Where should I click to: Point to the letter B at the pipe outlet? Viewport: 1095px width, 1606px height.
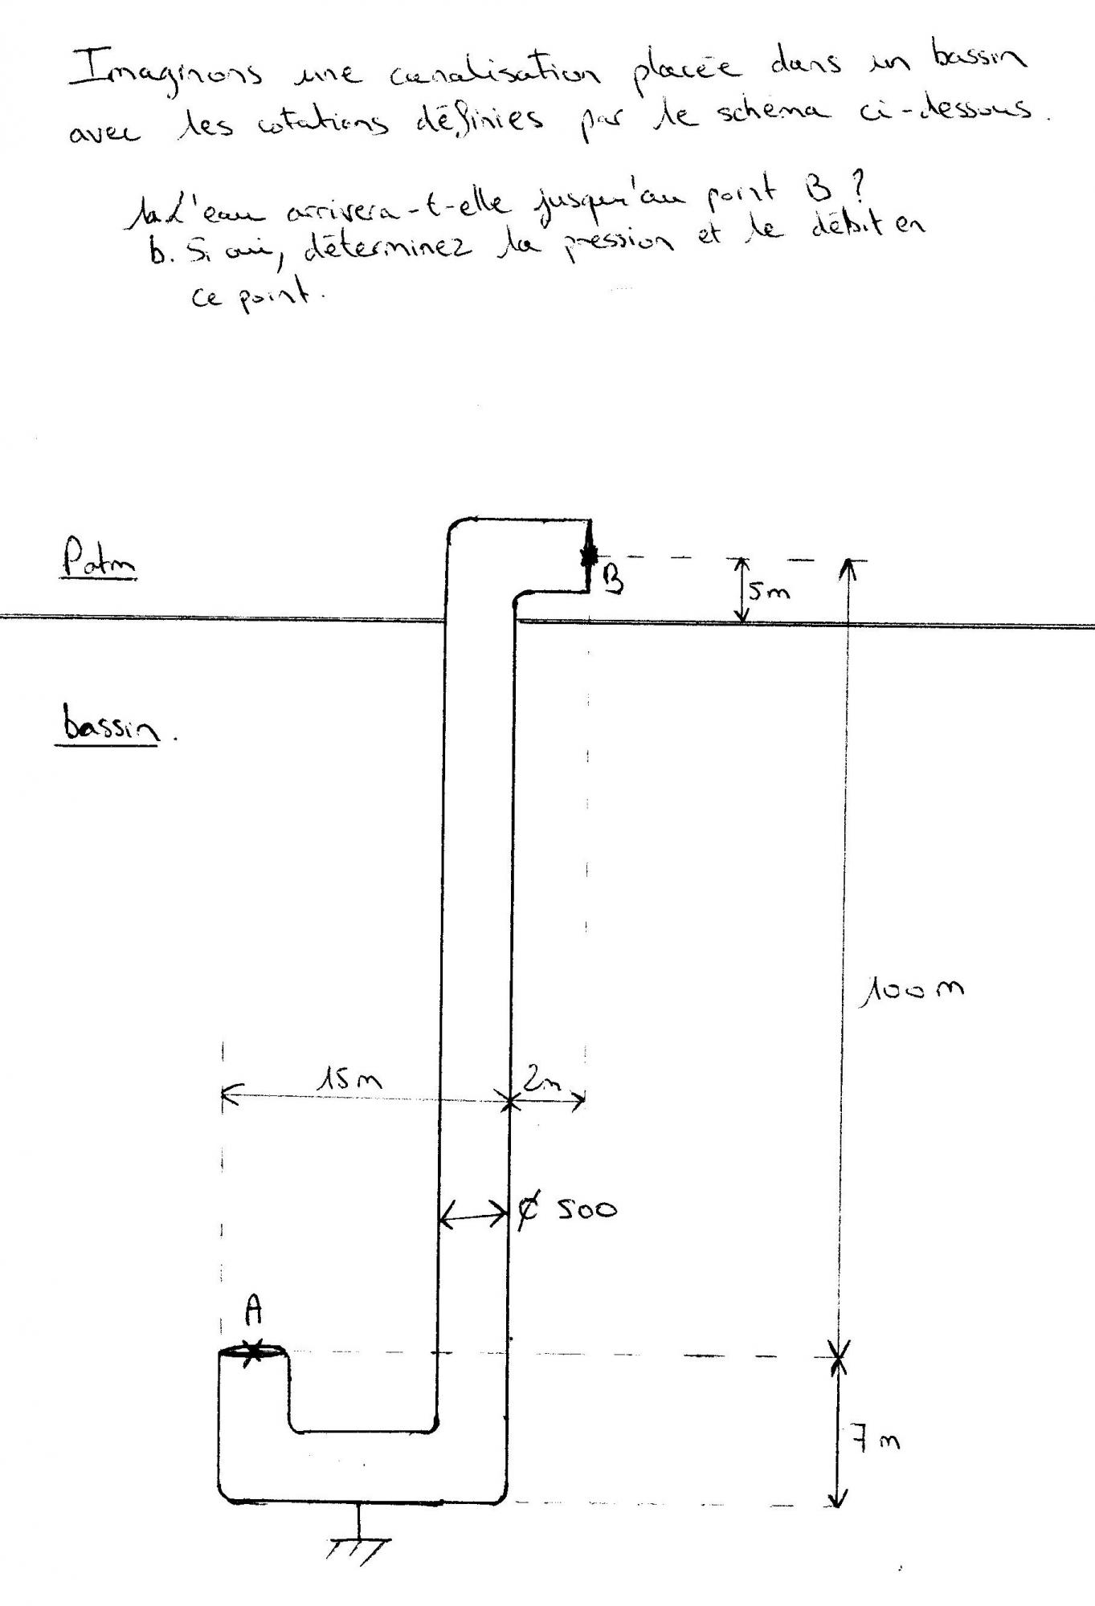click(612, 579)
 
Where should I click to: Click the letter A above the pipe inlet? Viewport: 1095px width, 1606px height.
click(253, 1311)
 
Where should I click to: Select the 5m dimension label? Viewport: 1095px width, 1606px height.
click(769, 591)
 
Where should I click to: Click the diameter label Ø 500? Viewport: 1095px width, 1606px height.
click(566, 1209)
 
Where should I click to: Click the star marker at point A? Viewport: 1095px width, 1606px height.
click(253, 1352)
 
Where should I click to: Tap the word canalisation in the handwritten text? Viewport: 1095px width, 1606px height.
click(494, 75)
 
